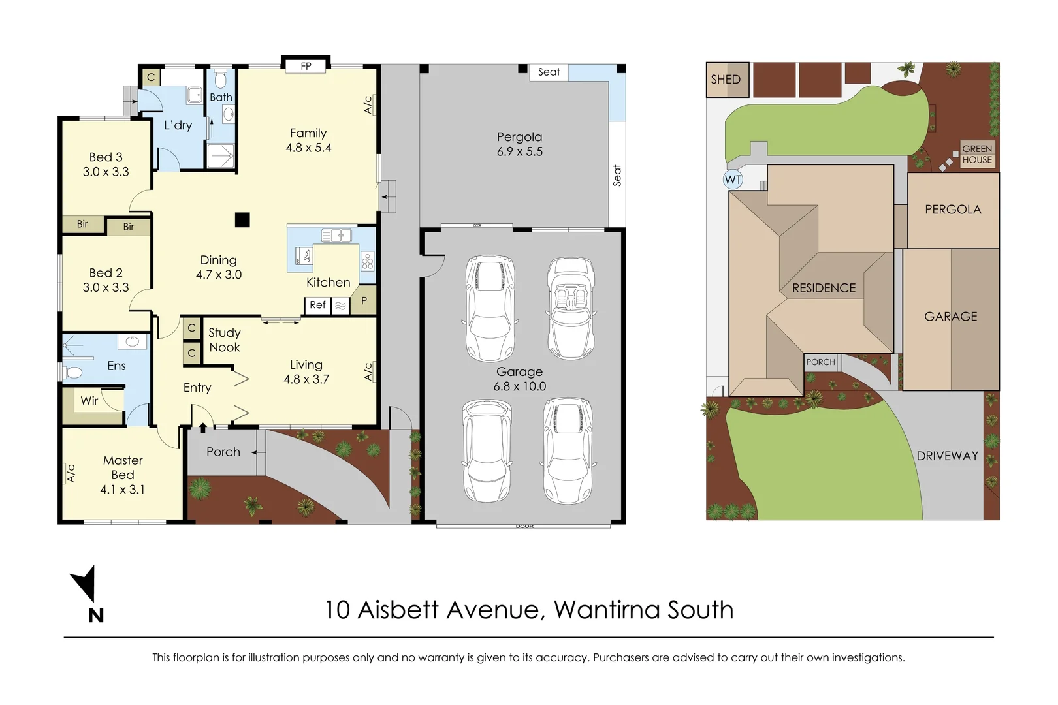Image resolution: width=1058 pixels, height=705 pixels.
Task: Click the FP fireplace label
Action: tap(306, 66)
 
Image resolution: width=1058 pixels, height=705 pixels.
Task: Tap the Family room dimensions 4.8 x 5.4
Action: tap(308, 148)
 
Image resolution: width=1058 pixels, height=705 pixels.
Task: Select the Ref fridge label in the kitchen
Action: tap(317, 305)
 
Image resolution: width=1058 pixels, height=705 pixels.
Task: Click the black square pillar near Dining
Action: tap(242, 220)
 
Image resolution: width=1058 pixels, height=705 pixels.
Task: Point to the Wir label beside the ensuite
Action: tap(89, 401)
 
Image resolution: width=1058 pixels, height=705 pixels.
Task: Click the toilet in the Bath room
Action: tap(221, 80)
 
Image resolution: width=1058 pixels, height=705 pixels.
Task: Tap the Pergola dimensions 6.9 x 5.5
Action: tap(519, 151)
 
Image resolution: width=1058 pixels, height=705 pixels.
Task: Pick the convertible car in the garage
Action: tap(571, 308)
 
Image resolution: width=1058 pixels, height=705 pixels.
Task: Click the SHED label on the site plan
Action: tap(726, 80)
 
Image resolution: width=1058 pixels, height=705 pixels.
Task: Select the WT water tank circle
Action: tap(733, 180)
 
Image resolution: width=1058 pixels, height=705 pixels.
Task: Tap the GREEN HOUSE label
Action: tap(977, 154)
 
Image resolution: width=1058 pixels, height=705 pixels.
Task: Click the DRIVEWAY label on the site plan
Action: tap(947, 456)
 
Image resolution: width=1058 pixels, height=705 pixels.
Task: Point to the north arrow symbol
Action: tap(85, 583)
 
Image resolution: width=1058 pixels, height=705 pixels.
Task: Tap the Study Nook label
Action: tap(225, 340)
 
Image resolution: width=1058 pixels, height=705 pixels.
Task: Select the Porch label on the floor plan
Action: tap(223, 452)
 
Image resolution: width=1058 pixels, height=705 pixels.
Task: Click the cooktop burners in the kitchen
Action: tap(368, 262)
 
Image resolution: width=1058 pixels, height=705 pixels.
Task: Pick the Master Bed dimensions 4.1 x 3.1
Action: tap(122, 490)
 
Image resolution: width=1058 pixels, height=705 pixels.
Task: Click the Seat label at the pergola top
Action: tap(549, 72)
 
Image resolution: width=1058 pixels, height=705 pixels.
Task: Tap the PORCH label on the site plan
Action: tap(820, 362)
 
